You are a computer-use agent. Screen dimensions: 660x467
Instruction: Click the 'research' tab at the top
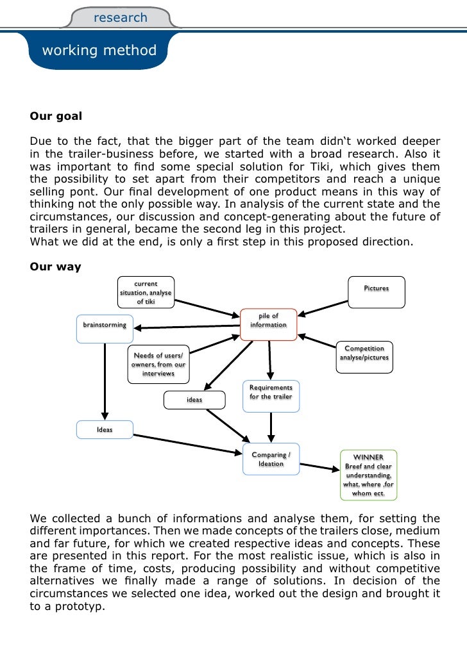121,18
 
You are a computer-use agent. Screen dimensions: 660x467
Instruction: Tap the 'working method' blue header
99,50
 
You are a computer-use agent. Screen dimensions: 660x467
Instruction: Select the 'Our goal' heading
56,117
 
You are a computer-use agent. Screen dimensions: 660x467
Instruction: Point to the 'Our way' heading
55,267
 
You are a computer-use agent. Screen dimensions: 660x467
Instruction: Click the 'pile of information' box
268,320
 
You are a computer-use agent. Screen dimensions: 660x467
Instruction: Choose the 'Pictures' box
377,288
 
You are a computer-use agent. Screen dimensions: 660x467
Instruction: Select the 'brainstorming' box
105,326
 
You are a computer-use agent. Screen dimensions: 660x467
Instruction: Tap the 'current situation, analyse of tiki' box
146,293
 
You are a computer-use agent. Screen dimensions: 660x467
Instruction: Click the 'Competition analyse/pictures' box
364,353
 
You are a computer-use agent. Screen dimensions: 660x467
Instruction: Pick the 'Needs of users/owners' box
158,365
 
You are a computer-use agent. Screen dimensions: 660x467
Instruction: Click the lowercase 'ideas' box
194,400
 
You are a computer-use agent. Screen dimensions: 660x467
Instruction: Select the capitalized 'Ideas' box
105,429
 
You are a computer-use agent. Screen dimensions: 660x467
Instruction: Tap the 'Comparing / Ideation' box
271,459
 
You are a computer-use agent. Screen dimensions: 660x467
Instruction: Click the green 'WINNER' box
368,475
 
